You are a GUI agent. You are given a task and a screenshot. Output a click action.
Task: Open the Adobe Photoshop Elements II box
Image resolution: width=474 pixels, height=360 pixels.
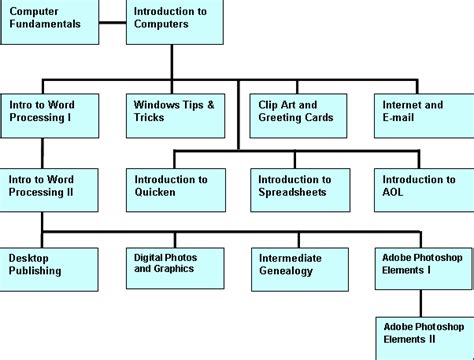[425, 337]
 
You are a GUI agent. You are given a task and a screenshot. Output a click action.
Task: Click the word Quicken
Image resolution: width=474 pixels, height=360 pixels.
[157, 193]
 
